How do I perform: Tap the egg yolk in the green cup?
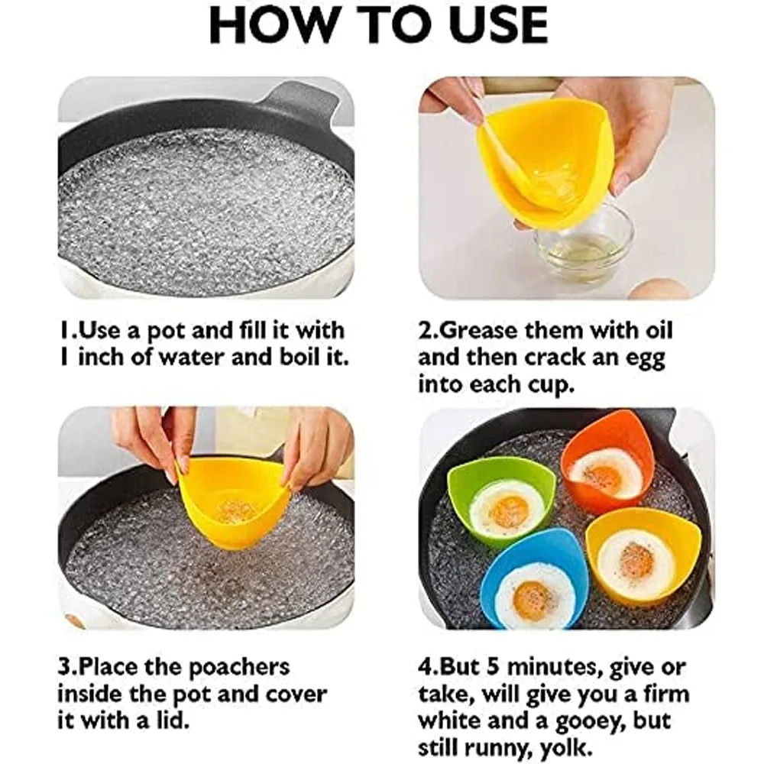pos(509,511)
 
